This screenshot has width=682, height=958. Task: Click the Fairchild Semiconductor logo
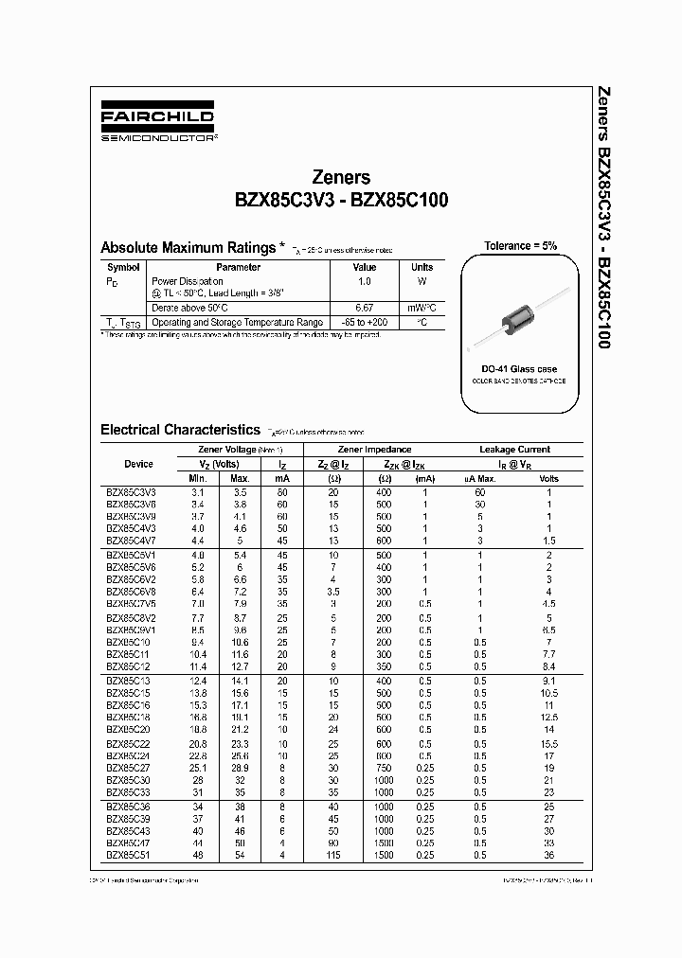157,125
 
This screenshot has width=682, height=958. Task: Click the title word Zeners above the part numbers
341,177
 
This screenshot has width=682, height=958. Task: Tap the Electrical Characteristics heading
179,430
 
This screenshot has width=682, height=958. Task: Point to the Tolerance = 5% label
520,245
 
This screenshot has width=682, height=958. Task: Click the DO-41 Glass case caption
519,368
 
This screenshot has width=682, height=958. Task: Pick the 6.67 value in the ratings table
364,308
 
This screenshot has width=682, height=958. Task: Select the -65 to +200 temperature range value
364,322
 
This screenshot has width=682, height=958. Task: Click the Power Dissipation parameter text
188,281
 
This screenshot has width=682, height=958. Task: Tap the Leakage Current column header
514,450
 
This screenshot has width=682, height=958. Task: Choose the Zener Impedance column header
374,450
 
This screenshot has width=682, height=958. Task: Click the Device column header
138,464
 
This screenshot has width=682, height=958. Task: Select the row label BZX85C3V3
131,492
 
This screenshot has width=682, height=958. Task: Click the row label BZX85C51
128,853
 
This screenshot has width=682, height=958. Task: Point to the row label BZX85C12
128,666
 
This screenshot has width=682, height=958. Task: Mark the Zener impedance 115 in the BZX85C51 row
333,853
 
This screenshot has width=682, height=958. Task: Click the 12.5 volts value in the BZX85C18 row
548,718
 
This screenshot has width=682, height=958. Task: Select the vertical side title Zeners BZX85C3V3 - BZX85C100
602,218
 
